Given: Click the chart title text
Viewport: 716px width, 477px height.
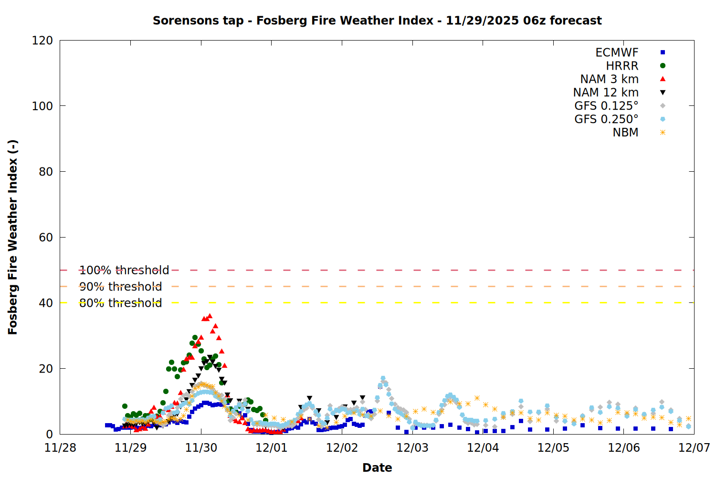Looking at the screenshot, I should tap(377, 21).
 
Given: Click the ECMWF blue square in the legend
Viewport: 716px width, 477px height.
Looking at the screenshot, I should tap(663, 52).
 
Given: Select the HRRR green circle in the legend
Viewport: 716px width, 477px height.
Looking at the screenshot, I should tap(663, 66).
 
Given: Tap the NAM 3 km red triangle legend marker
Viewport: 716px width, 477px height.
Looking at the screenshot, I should tap(663, 79).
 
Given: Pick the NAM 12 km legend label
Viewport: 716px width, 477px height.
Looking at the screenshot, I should tap(606, 93).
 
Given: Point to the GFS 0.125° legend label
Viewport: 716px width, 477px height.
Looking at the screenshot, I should tap(606, 106).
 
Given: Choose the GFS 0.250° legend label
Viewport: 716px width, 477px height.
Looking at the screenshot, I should tap(606, 119).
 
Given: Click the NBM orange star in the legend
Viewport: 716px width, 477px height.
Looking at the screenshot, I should tap(663, 133).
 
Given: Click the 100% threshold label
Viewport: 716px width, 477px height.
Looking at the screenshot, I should tap(124, 270).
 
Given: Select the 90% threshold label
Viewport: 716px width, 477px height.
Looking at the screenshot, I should tap(120, 287).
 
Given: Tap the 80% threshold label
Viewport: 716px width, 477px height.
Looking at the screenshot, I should tap(120, 303).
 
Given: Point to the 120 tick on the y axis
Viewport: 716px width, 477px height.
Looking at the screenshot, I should tap(42, 41).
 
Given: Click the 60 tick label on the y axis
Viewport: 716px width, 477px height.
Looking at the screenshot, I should tap(46, 238).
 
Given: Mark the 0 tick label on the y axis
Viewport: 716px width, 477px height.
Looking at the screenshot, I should tap(50, 434).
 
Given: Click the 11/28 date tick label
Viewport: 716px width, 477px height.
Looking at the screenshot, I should tap(60, 448).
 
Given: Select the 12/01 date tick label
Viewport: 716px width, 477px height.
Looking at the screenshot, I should tap(272, 448).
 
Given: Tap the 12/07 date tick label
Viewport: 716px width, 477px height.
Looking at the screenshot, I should tap(694, 448).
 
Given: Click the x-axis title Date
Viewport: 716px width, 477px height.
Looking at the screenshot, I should tap(377, 467).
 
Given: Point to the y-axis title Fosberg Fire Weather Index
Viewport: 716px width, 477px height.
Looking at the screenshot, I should tap(13, 237).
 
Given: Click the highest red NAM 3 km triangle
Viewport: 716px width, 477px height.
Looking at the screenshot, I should tap(210, 316).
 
